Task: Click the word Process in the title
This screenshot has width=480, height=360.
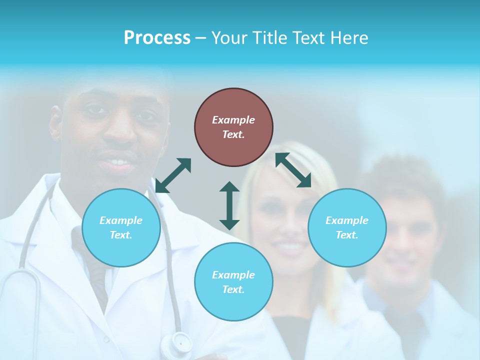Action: pyautogui.click(x=157, y=38)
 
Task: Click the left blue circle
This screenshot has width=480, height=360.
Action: pyautogui.click(x=121, y=227)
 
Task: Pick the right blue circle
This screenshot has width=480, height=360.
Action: pyautogui.click(x=347, y=227)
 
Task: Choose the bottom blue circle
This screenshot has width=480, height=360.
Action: pyautogui.click(x=233, y=281)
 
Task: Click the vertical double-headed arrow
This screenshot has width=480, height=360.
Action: pyautogui.click(x=229, y=205)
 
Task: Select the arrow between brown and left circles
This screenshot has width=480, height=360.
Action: pyautogui.click(x=173, y=175)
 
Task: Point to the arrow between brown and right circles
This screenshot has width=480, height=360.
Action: pyautogui.click(x=293, y=170)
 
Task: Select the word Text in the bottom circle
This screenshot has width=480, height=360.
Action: pyautogui.click(x=233, y=289)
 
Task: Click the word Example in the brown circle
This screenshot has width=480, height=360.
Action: pyautogui.click(x=233, y=120)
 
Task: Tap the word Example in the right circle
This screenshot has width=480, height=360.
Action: pyautogui.click(x=347, y=220)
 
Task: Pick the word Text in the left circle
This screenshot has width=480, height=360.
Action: pyautogui.click(x=121, y=235)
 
